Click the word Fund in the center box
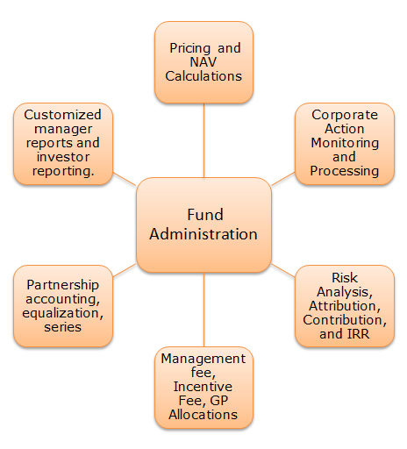click(x=205, y=215)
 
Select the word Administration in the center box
click(x=203, y=234)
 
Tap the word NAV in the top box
click(x=203, y=62)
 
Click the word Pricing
click(x=190, y=48)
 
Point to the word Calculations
click(x=203, y=76)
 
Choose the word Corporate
click(x=345, y=115)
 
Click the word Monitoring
click(x=345, y=143)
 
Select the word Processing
click(x=345, y=171)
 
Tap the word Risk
click(x=345, y=278)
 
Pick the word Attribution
click(x=345, y=306)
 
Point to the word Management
click(x=203, y=359)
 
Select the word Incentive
click(x=203, y=387)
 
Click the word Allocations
click(x=203, y=415)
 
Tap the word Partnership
click(x=63, y=285)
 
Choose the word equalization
click(x=63, y=313)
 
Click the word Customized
click(x=62, y=115)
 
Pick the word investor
click(x=63, y=157)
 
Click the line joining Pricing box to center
click(x=203, y=140)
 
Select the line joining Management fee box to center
click(x=203, y=310)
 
